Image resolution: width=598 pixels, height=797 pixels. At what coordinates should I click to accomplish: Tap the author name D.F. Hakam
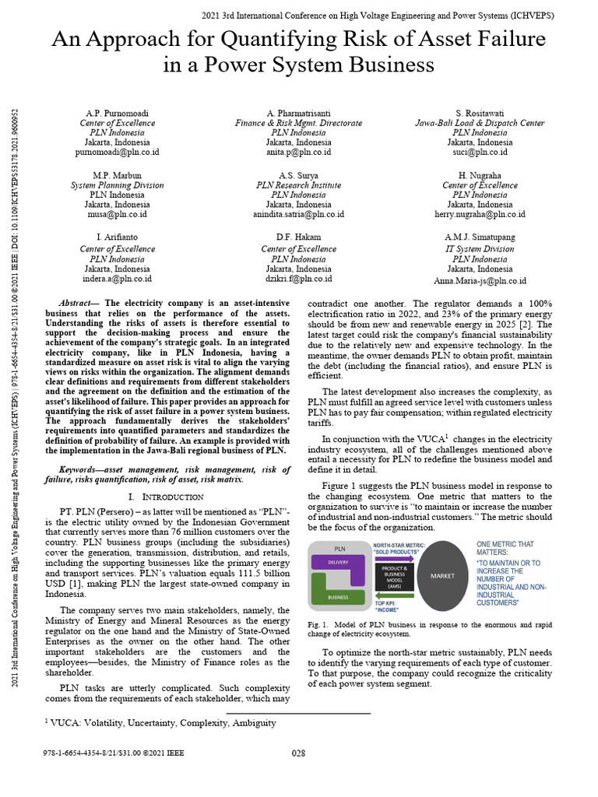click(x=298, y=237)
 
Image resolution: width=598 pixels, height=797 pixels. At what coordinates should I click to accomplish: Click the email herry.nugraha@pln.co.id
click(x=480, y=214)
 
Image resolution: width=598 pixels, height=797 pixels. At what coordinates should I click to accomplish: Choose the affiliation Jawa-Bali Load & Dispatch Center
click(x=480, y=123)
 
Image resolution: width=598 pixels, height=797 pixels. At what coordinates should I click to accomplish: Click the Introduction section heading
click(x=164, y=496)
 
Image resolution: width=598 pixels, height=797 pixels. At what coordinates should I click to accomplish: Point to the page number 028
click(x=298, y=753)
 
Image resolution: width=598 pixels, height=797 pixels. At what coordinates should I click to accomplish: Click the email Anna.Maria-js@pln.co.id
click(x=480, y=280)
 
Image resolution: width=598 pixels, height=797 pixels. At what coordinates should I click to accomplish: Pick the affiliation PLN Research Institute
click(x=298, y=185)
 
